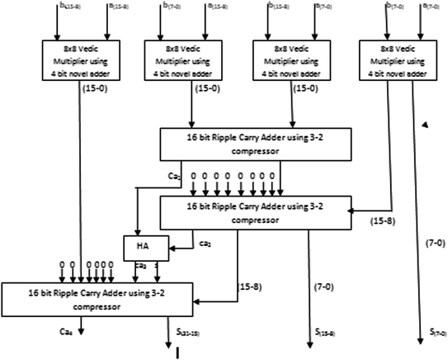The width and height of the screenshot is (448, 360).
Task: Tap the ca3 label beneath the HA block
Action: coord(140,266)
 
